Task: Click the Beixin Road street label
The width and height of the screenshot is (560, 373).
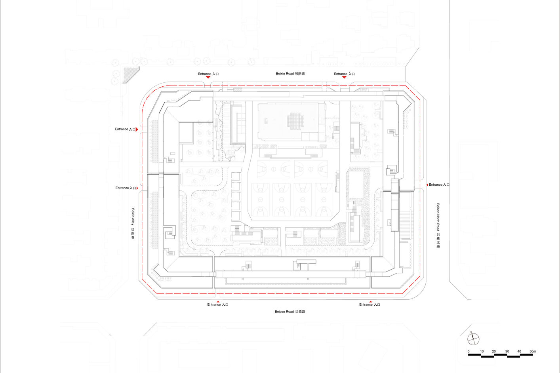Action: pos(290,74)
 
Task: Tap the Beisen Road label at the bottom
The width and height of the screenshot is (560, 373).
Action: pos(290,312)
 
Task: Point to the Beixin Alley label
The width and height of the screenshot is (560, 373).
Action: pos(133,224)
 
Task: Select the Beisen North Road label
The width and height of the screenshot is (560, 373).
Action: pos(438,225)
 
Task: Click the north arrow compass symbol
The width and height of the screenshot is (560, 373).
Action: pos(473,339)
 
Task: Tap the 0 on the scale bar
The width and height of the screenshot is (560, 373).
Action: pos(469,351)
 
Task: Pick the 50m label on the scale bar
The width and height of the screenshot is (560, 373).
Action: pos(533,351)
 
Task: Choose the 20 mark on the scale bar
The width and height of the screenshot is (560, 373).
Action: pos(494,351)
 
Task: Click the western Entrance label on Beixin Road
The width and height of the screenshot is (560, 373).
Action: pos(208,74)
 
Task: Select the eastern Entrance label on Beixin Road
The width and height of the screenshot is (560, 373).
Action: pos(344,74)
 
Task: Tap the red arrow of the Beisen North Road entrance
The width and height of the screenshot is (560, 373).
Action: pos(427,185)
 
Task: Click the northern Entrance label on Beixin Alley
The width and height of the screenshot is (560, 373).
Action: pos(125,129)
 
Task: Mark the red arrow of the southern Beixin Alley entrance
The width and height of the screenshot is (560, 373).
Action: pos(137,188)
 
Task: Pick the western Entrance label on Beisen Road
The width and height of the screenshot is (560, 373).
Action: pos(218,304)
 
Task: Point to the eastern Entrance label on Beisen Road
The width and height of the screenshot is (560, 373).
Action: pos(370,304)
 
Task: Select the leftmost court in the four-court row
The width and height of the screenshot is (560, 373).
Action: pos(261,200)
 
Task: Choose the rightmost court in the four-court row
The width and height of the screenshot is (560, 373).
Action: pos(324,200)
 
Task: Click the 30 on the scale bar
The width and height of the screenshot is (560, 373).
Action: pos(507,351)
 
